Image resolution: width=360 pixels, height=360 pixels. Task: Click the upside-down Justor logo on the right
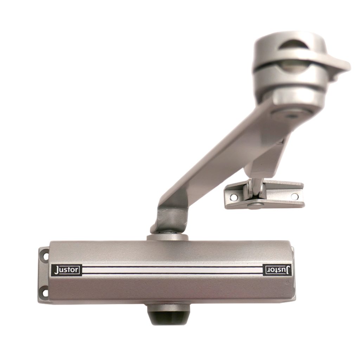click(277, 270)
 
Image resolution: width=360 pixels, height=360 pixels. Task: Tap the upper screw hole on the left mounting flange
click(44, 255)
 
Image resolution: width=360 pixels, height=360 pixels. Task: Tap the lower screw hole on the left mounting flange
click(44, 292)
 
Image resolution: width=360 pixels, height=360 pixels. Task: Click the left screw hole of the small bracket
click(233, 197)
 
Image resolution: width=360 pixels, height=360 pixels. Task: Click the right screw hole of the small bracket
click(294, 196)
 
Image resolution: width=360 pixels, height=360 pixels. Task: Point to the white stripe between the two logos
click(172, 270)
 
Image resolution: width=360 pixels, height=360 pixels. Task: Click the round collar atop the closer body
click(168, 237)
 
